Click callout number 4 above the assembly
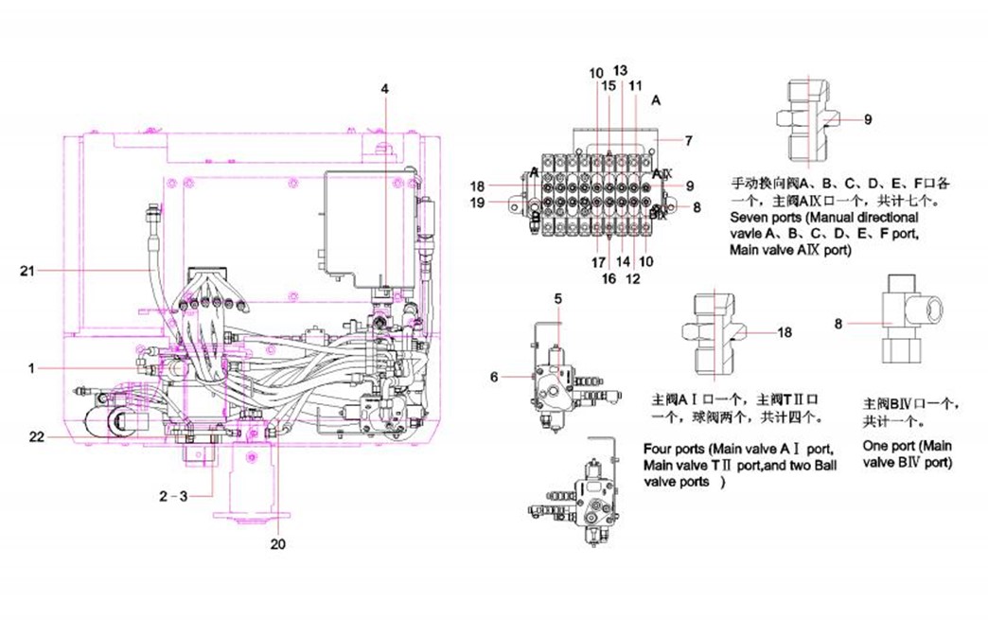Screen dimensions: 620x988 pyautogui.click(x=384, y=88)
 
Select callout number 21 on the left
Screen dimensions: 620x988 pyautogui.click(x=27, y=272)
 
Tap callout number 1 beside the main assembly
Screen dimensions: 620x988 pyautogui.click(x=31, y=368)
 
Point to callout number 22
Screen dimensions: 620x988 pyautogui.click(x=36, y=436)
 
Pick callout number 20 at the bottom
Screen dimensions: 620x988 pyautogui.click(x=277, y=543)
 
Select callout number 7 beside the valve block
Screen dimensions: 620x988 pyautogui.click(x=688, y=141)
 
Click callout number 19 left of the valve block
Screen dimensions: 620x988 pyautogui.click(x=477, y=202)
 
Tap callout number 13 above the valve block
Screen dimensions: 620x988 pyautogui.click(x=620, y=70)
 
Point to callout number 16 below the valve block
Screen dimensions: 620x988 pyautogui.click(x=609, y=278)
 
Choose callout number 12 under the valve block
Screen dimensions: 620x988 pyautogui.click(x=633, y=278)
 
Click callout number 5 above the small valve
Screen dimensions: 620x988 pyautogui.click(x=558, y=298)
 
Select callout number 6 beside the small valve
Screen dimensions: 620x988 pyautogui.click(x=493, y=376)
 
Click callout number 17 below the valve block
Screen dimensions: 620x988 pyautogui.click(x=598, y=261)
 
